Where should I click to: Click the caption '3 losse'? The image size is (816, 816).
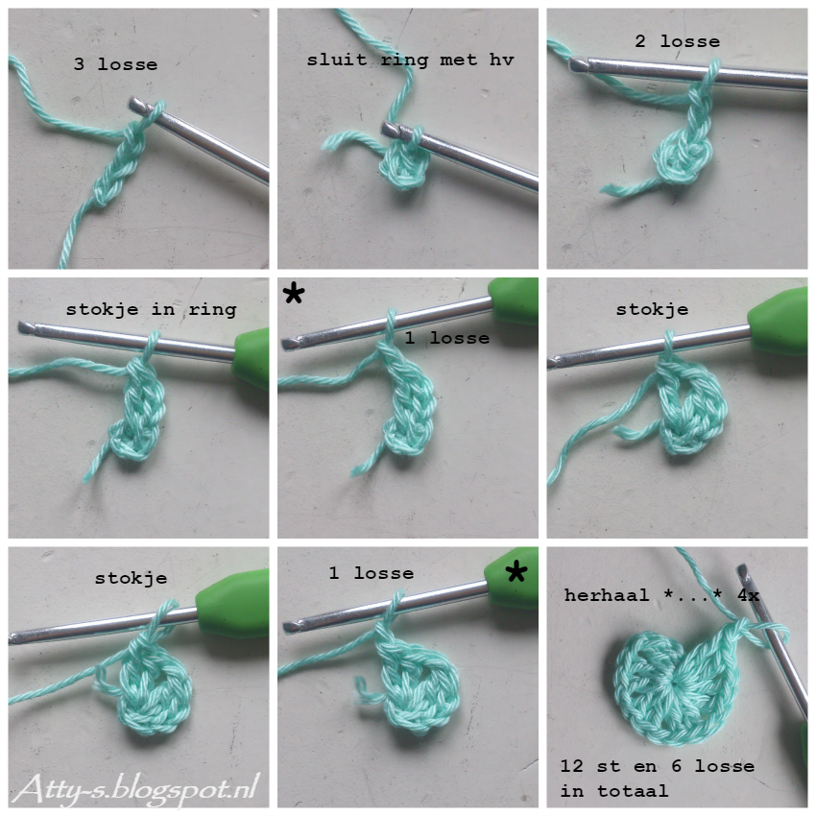(x=115, y=64)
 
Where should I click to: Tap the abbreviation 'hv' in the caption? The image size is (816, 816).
(x=501, y=60)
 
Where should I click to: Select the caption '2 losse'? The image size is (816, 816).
(x=677, y=41)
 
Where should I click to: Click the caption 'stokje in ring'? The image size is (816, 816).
(x=151, y=310)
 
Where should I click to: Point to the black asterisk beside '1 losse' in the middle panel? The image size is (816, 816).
(x=294, y=294)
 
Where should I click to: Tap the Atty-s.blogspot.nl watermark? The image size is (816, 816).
(x=136, y=788)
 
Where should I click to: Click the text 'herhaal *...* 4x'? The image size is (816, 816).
(x=661, y=595)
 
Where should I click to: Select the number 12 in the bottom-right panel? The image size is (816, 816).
(x=571, y=765)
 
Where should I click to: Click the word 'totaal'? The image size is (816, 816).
(x=633, y=791)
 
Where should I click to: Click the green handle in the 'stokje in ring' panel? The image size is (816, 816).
(x=251, y=358)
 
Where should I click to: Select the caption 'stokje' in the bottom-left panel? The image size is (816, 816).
(x=131, y=579)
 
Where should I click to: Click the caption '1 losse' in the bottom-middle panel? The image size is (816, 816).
(x=372, y=573)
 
